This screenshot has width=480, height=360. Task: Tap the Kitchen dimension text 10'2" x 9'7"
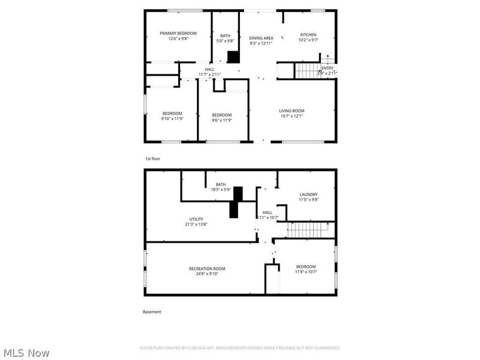click(x=308, y=40)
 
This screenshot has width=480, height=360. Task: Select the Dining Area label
click(x=261, y=38)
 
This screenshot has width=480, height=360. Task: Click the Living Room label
click(x=292, y=110)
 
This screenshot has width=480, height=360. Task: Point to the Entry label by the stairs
click(x=328, y=68)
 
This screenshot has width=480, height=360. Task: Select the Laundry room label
click(x=308, y=194)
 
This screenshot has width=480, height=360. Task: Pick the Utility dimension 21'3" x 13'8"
click(x=196, y=224)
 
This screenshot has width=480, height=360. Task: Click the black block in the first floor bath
click(x=233, y=57)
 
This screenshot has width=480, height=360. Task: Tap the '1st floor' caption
click(x=152, y=159)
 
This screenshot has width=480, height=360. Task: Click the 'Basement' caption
click(x=152, y=312)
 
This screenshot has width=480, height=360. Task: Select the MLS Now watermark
click(x=26, y=353)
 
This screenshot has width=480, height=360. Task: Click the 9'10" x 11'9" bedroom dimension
click(x=172, y=119)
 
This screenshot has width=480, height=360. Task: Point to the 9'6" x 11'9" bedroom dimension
click(x=221, y=120)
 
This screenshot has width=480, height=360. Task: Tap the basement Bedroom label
click(x=305, y=266)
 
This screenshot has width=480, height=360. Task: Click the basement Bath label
click(x=221, y=184)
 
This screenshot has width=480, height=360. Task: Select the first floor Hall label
click(x=209, y=69)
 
